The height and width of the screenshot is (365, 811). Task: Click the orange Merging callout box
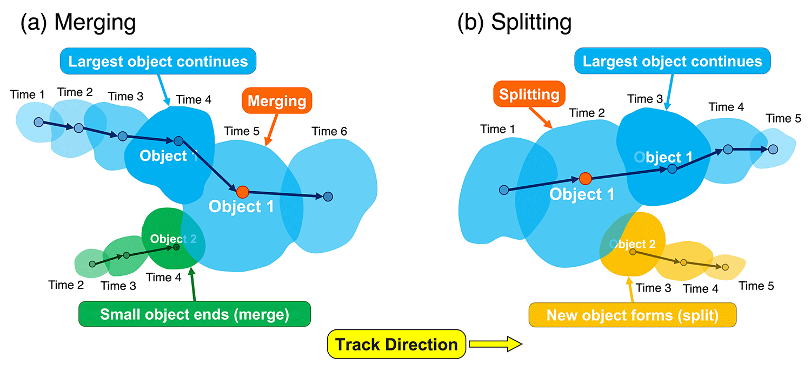277,101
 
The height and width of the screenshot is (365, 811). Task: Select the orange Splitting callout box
529,94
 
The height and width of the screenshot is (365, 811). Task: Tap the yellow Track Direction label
396,344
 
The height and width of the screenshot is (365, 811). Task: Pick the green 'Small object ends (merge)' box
195,314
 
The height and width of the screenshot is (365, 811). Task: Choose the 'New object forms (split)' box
632,315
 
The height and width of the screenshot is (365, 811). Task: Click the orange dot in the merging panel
243,191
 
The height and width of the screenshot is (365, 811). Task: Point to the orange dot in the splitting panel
584,178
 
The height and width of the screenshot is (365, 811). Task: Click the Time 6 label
329,131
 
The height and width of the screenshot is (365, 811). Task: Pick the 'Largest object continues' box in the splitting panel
673,61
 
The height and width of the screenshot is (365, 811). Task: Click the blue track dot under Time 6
328,197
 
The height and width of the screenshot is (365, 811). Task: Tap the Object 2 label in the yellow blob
633,244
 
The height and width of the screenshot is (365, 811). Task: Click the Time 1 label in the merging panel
27,95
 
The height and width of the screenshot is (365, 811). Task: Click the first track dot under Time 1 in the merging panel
38,122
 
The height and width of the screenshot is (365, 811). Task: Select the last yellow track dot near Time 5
725,267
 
